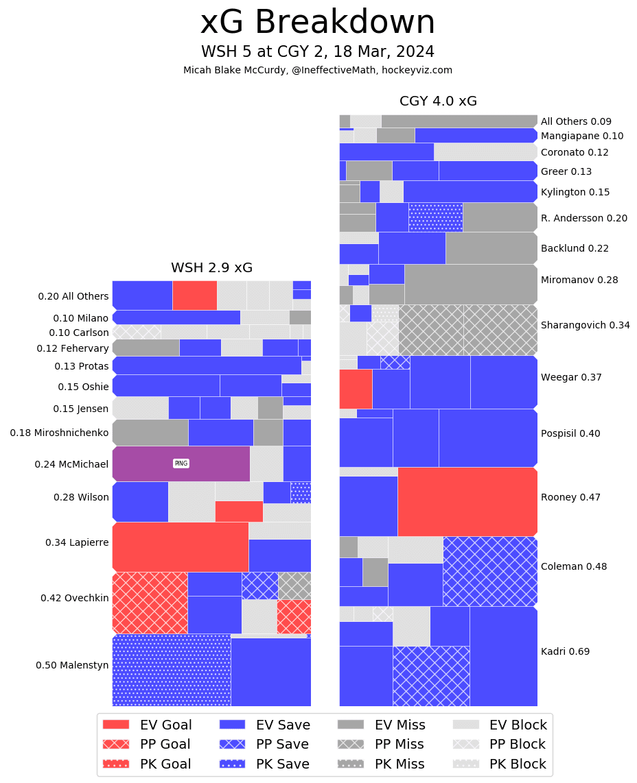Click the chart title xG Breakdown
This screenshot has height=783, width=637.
click(x=318, y=23)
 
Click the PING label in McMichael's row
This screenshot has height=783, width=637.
click(x=181, y=463)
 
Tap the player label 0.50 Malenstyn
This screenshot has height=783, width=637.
click(x=72, y=665)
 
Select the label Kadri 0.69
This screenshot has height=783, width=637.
click(x=565, y=651)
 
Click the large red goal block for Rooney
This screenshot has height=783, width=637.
click(x=467, y=501)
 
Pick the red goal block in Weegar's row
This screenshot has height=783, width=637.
click(x=356, y=389)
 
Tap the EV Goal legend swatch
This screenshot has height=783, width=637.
click(x=115, y=725)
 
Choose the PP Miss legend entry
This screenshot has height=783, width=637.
click(x=381, y=744)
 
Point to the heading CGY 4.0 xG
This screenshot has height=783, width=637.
click(x=438, y=101)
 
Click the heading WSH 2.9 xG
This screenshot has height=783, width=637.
click(x=211, y=268)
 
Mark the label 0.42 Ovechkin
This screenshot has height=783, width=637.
click(x=74, y=598)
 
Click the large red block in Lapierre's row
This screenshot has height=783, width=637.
click(x=180, y=546)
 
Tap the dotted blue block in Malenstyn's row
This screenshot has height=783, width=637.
click(x=171, y=670)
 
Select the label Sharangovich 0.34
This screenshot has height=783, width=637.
click(x=585, y=325)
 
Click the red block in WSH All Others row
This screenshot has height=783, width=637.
click(x=194, y=295)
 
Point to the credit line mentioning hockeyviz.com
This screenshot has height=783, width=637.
click(x=318, y=71)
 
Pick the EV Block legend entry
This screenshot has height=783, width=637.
click(x=500, y=725)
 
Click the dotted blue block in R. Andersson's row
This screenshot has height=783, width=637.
click(x=435, y=217)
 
